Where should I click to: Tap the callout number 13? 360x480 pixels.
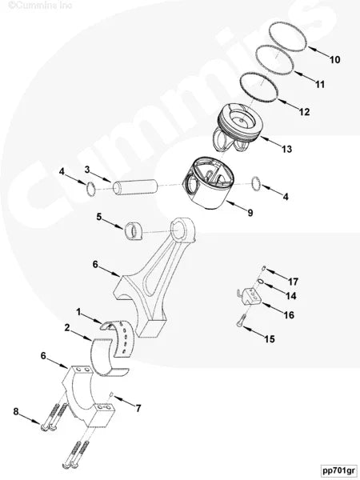(x=286, y=150)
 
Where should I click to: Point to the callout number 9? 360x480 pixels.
(x=250, y=213)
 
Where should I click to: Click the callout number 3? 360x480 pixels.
(x=87, y=170)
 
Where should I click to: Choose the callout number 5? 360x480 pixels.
(x=99, y=217)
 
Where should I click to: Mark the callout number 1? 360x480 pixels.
(x=78, y=310)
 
